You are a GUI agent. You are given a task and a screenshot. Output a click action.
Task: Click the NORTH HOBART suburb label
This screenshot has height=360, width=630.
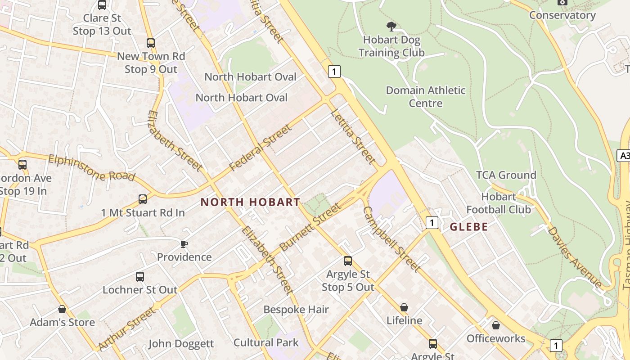click(x=250, y=202)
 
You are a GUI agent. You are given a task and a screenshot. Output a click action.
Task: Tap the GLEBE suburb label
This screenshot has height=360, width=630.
click(x=469, y=227)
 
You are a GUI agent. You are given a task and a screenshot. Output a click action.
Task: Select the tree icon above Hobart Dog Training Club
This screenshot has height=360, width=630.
click(x=391, y=27)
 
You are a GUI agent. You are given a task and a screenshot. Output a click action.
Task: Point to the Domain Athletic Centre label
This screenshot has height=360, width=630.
click(x=426, y=97)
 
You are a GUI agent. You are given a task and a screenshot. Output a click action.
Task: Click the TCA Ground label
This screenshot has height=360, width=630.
click(x=506, y=175)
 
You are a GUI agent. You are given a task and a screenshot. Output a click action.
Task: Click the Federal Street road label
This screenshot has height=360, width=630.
click(x=260, y=148)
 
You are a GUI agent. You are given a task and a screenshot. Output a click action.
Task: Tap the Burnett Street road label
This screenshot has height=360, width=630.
click(x=310, y=227)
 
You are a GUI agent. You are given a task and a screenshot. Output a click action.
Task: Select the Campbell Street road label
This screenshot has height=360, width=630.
click(x=391, y=239)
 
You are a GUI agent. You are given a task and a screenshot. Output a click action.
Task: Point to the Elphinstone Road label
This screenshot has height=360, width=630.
click(x=91, y=167)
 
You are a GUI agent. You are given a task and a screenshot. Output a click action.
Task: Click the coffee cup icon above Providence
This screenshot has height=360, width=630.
click(x=184, y=244)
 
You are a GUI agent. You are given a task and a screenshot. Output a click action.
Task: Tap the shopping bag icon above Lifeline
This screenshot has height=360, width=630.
click(x=404, y=307)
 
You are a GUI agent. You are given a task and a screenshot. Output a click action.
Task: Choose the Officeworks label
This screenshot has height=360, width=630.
click(x=496, y=338)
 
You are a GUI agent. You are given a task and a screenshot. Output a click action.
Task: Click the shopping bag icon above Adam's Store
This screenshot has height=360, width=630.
click(x=62, y=309)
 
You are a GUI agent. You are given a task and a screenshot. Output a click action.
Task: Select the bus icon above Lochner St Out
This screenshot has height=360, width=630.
click(x=140, y=276)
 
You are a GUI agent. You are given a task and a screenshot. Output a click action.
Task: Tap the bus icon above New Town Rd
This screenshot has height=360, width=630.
click(x=151, y=43)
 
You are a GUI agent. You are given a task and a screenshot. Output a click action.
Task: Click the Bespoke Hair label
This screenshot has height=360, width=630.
click(x=296, y=310)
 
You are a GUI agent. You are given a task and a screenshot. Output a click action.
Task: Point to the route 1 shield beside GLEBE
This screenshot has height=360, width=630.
click(x=432, y=222)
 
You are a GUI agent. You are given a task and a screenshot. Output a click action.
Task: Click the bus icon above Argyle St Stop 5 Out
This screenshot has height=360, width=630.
click(x=348, y=261)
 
